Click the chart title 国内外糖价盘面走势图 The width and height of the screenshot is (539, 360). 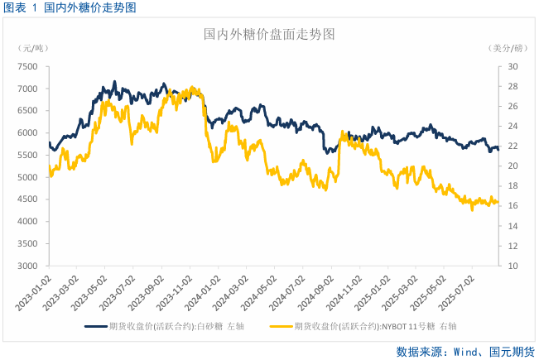point(269,35)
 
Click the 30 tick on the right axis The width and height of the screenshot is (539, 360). point(513,66)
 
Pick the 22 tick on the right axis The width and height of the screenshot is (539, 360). point(513,146)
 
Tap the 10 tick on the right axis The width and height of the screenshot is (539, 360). point(513,266)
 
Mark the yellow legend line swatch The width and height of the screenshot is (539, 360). point(283,327)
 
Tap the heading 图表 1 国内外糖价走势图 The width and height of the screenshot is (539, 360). point(70,7)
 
